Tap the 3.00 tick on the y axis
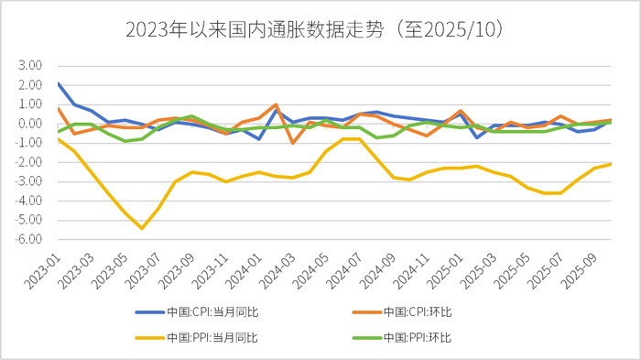(x=30, y=66)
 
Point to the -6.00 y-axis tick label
(x=29, y=239)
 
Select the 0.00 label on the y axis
(x=30, y=124)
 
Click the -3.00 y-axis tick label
(x=29, y=181)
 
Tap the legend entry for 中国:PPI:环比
(x=418, y=337)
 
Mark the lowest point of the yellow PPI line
(x=142, y=228)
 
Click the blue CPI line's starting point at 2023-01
(x=58, y=83)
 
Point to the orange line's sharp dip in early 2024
(x=293, y=143)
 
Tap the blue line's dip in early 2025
(x=478, y=137)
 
